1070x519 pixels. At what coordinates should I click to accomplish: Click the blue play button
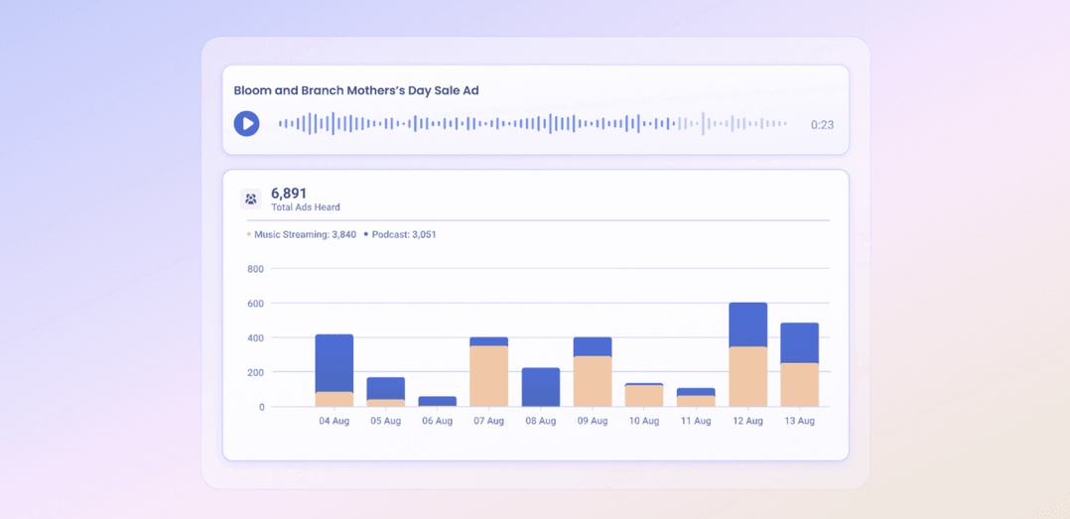pyautogui.click(x=246, y=123)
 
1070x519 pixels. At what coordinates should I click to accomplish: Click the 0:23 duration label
pyautogui.click(x=821, y=125)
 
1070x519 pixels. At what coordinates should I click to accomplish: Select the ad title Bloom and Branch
pyautogui.click(x=356, y=90)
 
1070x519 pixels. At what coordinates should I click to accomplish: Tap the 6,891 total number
pyautogui.click(x=289, y=194)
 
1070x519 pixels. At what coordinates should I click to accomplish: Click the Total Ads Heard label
pyautogui.click(x=306, y=207)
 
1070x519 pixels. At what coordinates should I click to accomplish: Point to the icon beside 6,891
pyautogui.click(x=251, y=199)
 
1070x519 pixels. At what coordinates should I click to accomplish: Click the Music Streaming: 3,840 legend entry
pyautogui.click(x=304, y=235)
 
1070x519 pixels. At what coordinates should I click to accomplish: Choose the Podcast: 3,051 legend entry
pyautogui.click(x=403, y=235)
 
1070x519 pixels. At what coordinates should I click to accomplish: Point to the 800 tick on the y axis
pyautogui.click(x=255, y=269)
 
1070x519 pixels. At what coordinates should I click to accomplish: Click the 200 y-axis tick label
pyautogui.click(x=255, y=372)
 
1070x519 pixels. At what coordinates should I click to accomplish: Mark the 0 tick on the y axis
pyautogui.click(x=261, y=407)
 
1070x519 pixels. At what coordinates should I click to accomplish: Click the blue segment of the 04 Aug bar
pyautogui.click(x=334, y=363)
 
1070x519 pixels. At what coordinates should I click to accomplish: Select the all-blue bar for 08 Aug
pyautogui.click(x=541, y=387)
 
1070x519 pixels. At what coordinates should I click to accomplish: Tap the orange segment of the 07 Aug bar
pyautogui.click(x=489, y=376)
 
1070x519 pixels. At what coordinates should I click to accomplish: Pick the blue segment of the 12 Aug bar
pyautogui.click(x=747, y=324)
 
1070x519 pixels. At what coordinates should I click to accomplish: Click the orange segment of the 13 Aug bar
pyautogui.click(x=799, y=385)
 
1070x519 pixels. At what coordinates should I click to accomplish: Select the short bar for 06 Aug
pyautogui.click(x=438, y=401)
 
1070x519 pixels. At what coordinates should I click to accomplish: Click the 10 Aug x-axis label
pyautogui.click(x=644, y=421)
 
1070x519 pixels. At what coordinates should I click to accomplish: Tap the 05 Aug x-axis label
pyautogui.click(x=386, y=421)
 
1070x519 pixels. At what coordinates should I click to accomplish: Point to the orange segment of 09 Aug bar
pyautogui.click(x=593, y=381)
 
